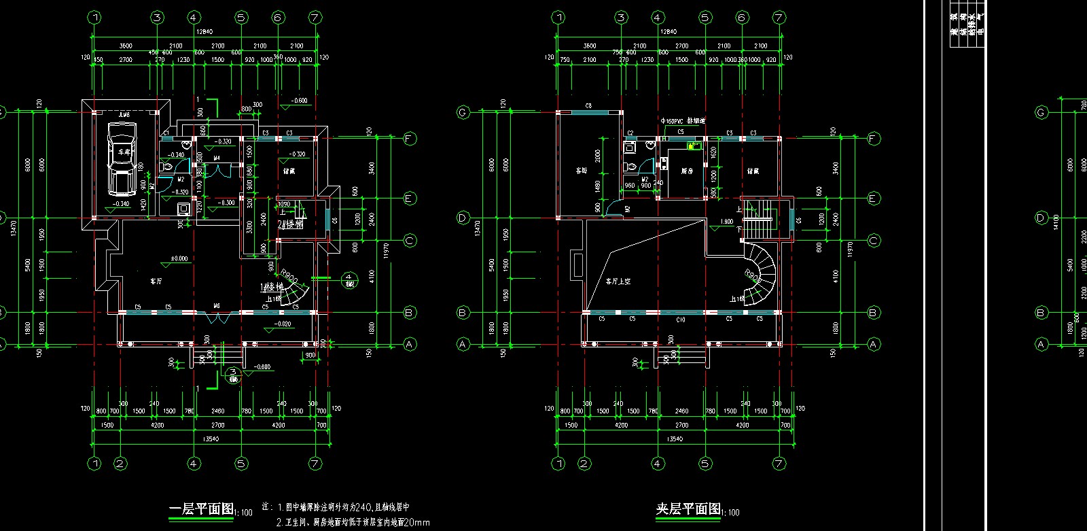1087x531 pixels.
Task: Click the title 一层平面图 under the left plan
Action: tap(201, 509)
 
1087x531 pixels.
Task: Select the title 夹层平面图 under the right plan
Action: tap(688, 509)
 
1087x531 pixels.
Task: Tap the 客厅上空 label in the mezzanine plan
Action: tap(618, 281)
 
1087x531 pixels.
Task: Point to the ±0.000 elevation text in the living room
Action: tap(179, 258)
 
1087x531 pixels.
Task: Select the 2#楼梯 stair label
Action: tap(290, 223)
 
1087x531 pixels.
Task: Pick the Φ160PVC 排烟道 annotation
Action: tap(683, 121)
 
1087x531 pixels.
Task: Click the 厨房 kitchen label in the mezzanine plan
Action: tap(687, 171)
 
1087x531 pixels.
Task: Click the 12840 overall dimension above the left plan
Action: tap(204, 32)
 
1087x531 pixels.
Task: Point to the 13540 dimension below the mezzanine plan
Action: tap(674, 439)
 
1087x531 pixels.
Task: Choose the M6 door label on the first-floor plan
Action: tap(217, 306)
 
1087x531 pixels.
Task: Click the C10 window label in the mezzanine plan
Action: tap(681, 319)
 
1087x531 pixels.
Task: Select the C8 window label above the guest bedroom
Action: tap(588, 106)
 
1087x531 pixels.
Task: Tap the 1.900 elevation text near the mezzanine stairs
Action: tap(726, 222)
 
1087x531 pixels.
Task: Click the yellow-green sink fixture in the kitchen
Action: tap(694, 145)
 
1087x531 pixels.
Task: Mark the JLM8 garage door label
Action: tap(124, 115)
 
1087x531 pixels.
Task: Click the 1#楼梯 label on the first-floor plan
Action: tap(271, 288)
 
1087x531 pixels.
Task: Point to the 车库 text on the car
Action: tap(123, 152)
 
